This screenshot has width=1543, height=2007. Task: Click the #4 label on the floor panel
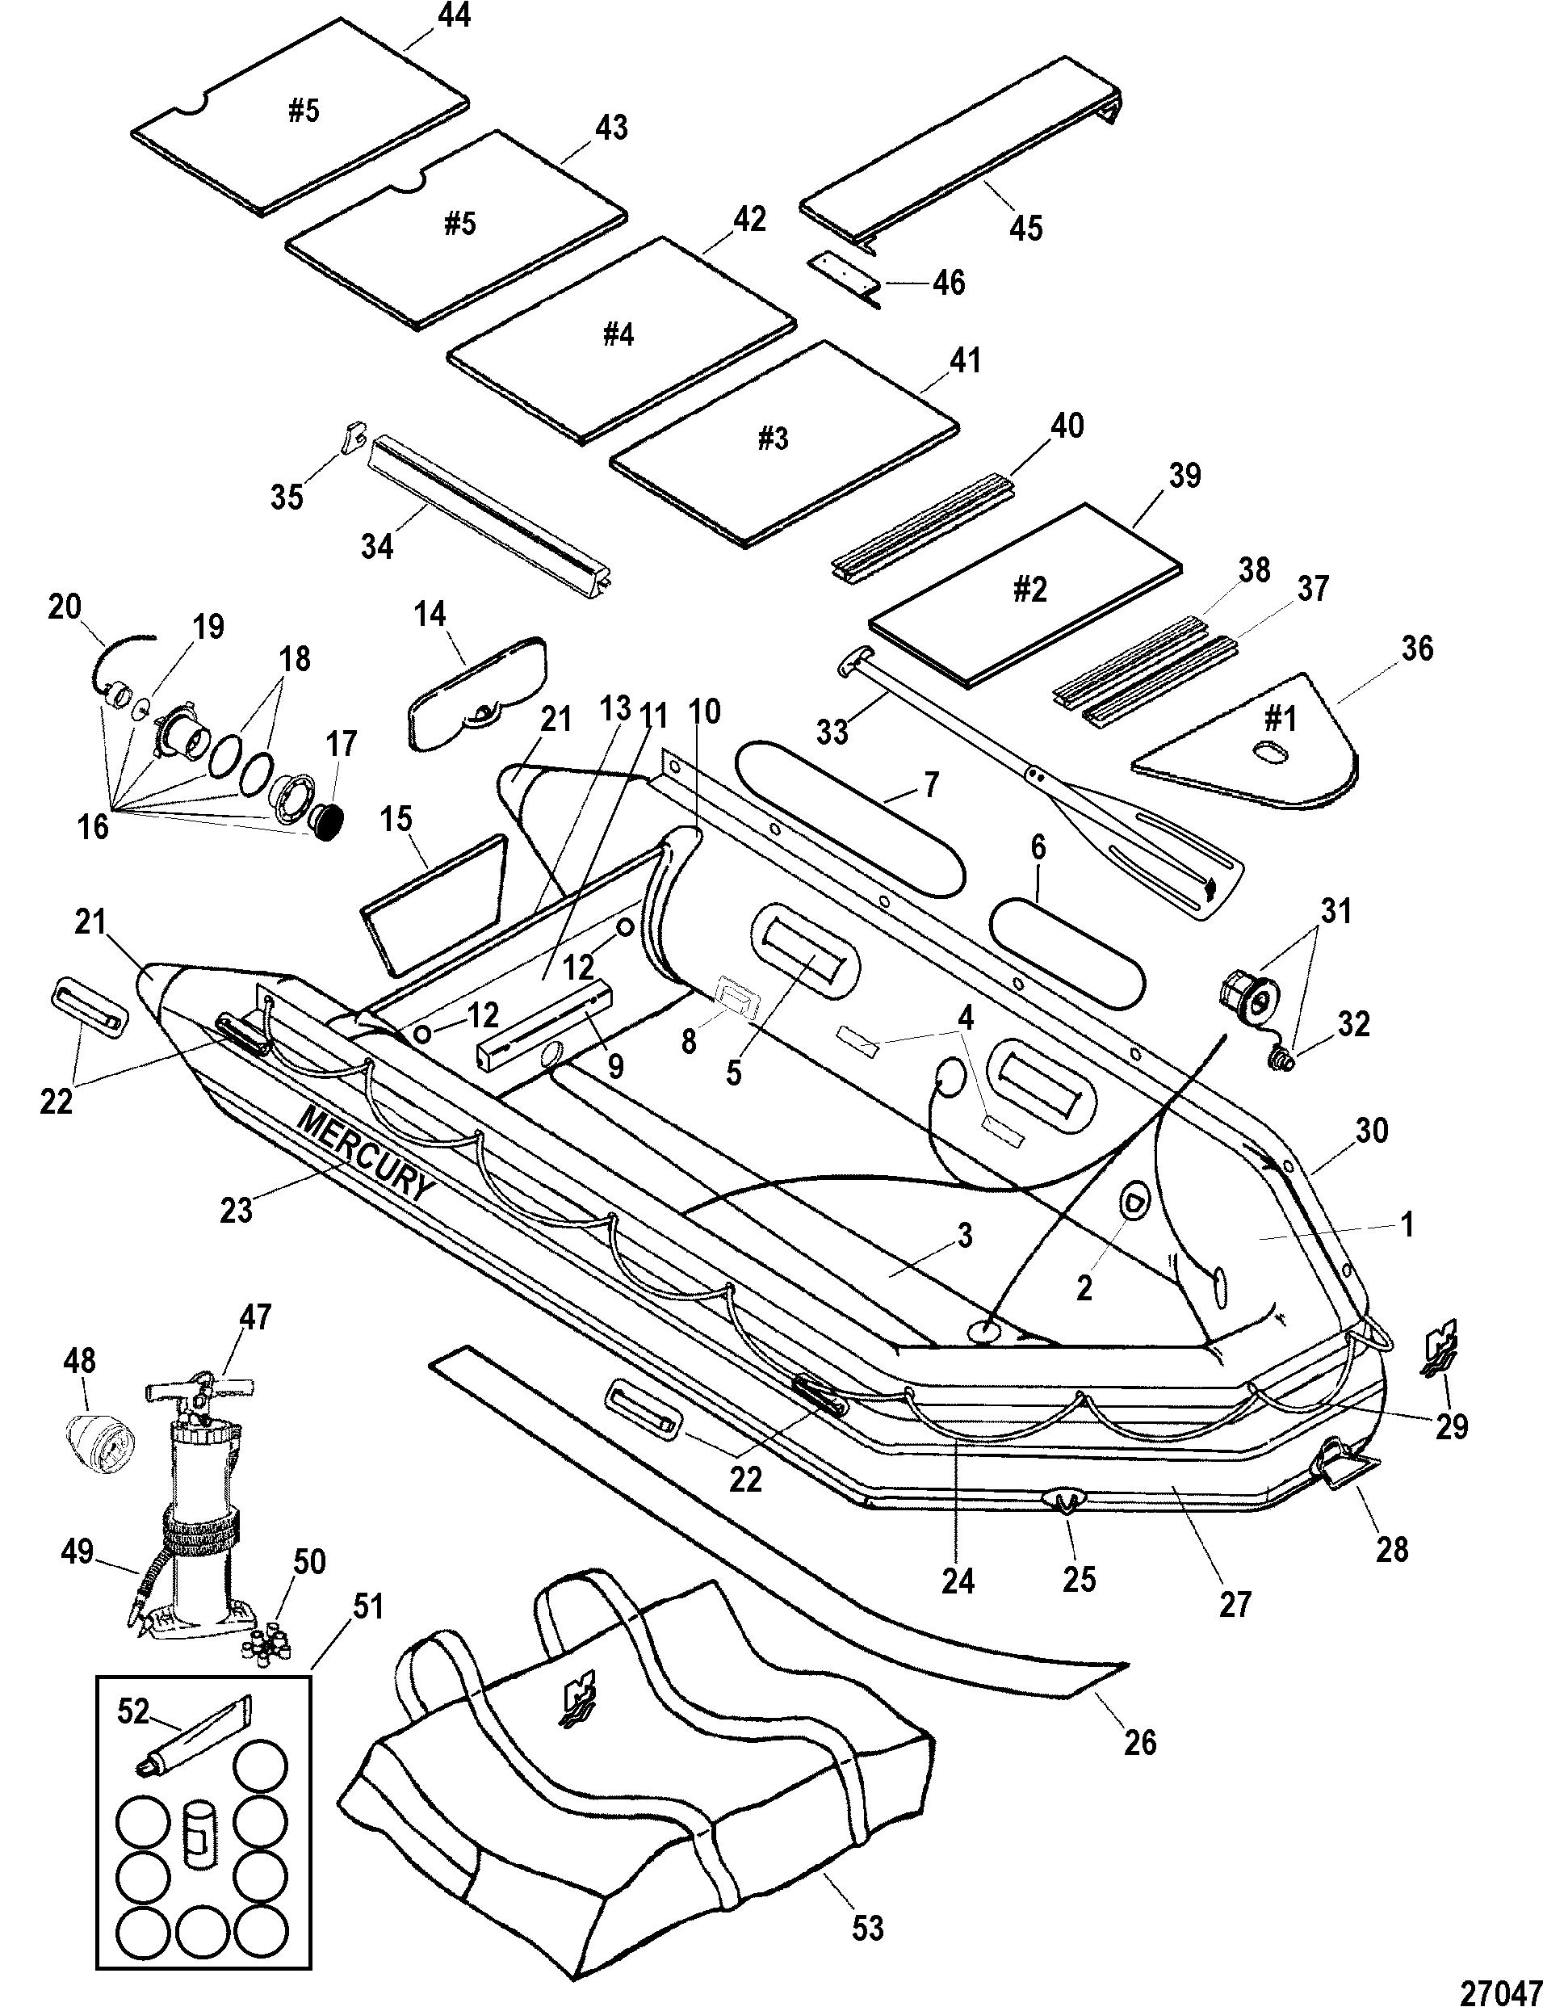[618, 334]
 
